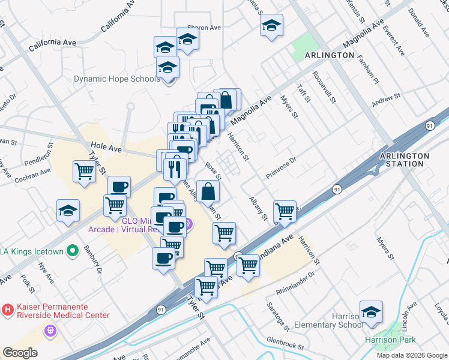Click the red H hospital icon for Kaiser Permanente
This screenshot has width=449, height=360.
(7, 310)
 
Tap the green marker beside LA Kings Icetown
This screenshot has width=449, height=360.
(73, 251)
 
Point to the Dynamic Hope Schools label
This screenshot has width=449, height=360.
(117, 79)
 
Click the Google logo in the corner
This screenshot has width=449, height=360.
(20, 352)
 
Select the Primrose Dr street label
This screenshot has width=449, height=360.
(282, 168)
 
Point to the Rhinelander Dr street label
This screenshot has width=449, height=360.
(295, 286)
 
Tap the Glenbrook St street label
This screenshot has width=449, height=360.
(288, 344)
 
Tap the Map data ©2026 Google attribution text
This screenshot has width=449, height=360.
(412, 355)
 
